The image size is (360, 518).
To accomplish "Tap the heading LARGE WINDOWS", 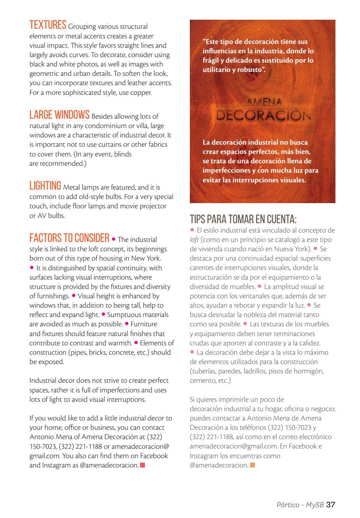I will click(59, 114).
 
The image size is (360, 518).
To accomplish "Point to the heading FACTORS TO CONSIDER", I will click(69, 238).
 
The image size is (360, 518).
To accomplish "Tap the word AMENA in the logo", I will click(262, 102).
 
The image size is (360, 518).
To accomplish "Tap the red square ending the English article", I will click(142, 465).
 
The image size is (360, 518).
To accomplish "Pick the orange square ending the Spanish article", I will click(252, 465).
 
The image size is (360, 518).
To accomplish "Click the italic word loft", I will click(194, 239).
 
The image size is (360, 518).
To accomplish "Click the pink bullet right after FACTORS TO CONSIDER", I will click(114, 239).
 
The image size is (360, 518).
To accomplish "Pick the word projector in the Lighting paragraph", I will click(154, 206).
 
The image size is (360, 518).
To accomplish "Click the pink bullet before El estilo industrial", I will click(192, 230).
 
